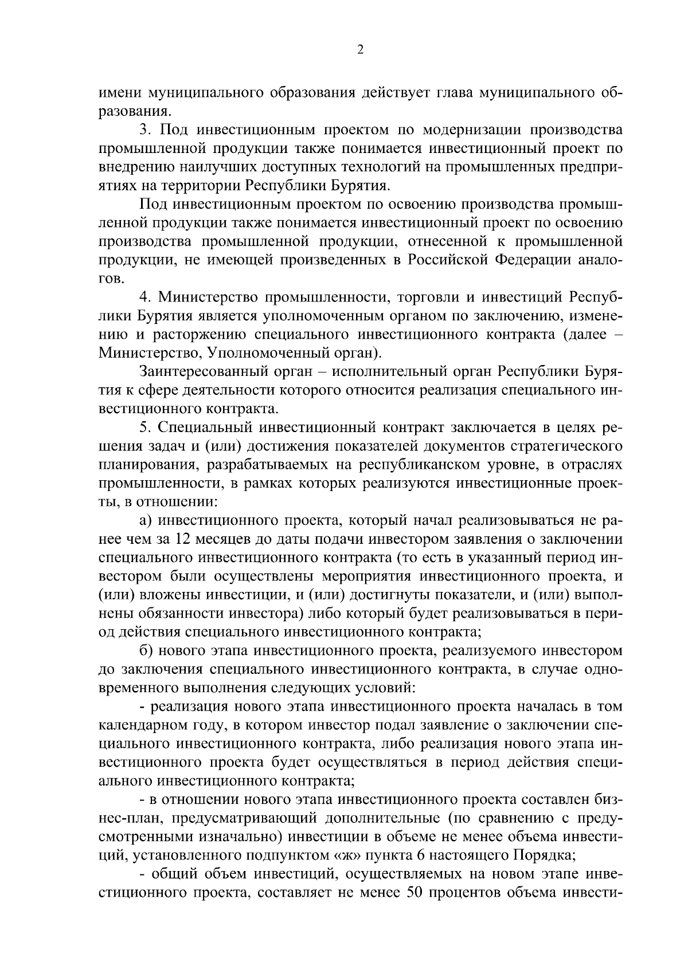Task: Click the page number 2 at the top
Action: [359, 50]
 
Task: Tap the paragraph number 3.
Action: [144, 130]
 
